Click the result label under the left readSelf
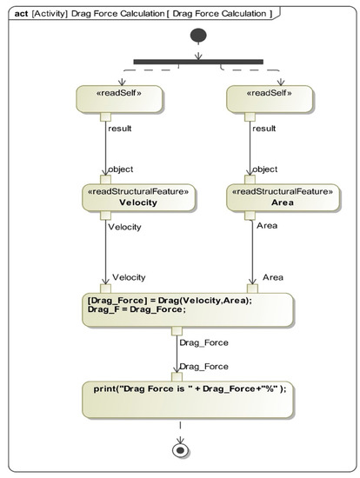[118, 127]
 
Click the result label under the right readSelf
[265, 127]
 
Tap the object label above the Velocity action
[119, 169]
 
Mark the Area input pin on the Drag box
[251, 289]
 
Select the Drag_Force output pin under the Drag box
[177, 329]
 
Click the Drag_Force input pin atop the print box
[177, 375]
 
